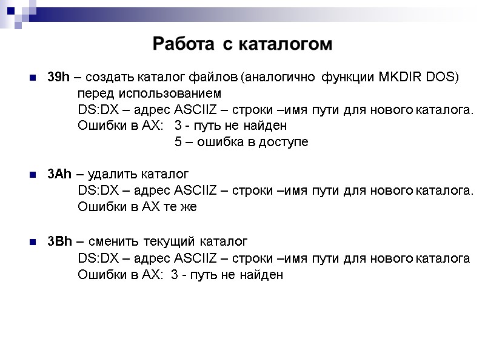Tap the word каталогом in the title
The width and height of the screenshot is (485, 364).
point(283,44)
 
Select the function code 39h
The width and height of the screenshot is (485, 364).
point(59,78)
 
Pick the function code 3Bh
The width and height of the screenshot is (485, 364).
point(59,241)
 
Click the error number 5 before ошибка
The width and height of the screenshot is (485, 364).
point(178,143)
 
